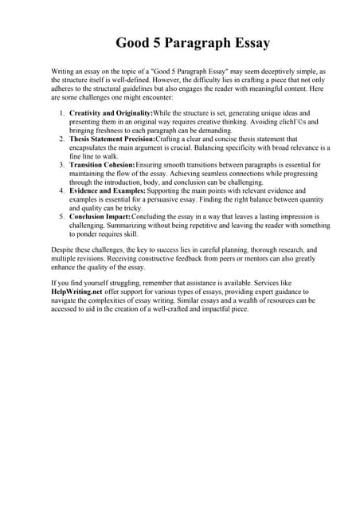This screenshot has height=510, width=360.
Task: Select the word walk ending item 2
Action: point(105,157)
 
